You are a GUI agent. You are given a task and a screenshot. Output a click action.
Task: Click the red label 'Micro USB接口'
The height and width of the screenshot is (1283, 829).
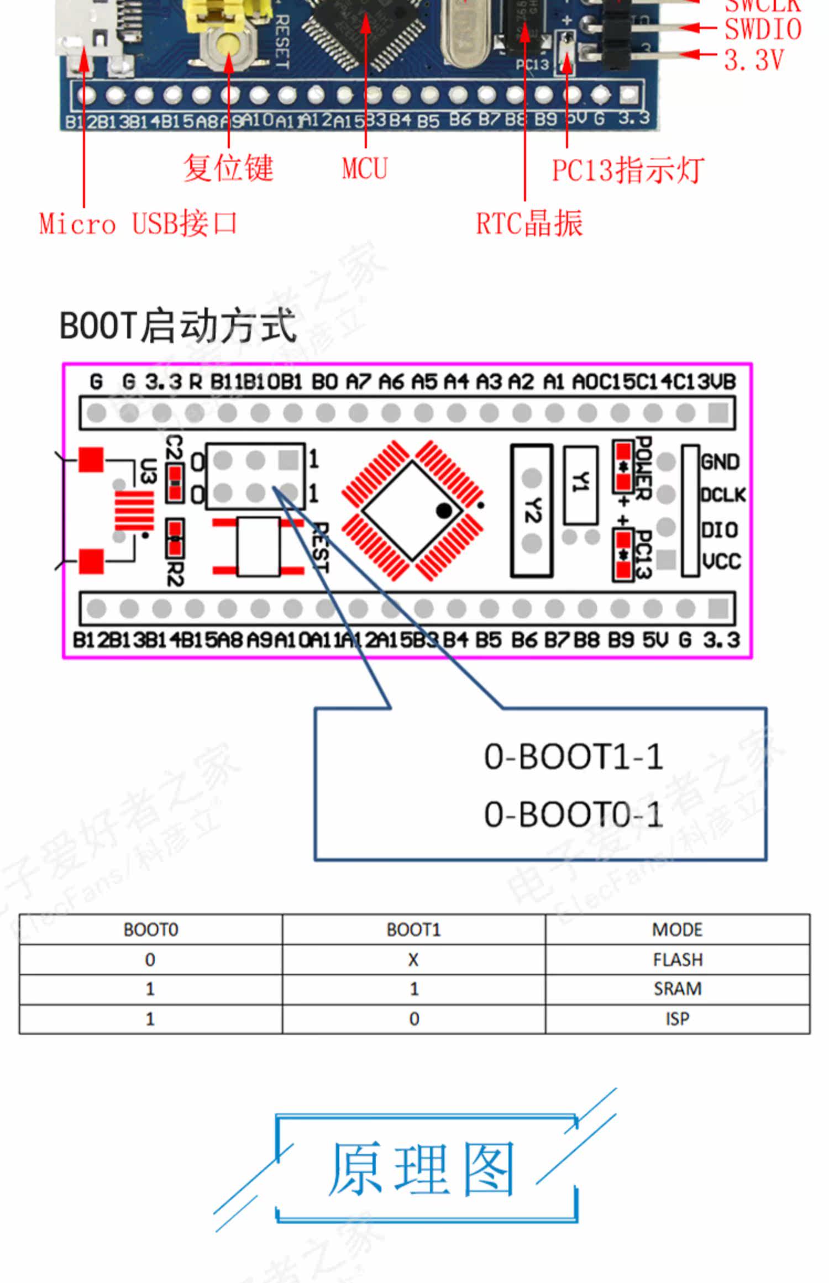pyautogui.click(x=138, y=224)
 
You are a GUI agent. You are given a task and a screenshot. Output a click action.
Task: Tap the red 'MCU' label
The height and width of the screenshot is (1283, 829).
pyautogui.click(x=365, y=169)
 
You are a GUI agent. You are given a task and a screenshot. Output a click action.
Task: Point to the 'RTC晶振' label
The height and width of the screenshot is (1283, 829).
pyautogui.click(x=529, y=224)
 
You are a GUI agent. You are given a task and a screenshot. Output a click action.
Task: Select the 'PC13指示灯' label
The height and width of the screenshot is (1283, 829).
pyautogui.click(x=628, y=170)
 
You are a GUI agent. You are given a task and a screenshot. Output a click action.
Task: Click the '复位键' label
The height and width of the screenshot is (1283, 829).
pyautogui.click(x=228, y=168)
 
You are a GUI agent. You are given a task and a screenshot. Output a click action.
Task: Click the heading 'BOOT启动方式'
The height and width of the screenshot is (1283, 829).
pyautogui.click(x=178, y=326)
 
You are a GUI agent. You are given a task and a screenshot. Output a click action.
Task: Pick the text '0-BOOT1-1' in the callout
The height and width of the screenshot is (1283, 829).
pyautogui.click(x=574, y=757)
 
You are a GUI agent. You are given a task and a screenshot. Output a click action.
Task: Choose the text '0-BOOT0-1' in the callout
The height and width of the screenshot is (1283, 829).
pyautogui.click(x=574, y=814)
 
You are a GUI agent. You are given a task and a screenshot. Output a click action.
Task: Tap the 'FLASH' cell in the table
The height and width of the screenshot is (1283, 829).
pyautogui.click(x=678, y=960)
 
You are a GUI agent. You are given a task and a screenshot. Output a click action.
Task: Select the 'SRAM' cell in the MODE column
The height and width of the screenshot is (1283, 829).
pyautogui.click(x=678, y=988)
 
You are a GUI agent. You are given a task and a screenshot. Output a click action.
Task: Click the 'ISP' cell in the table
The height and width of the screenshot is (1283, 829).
pyautogui.click(x=678, y=1018)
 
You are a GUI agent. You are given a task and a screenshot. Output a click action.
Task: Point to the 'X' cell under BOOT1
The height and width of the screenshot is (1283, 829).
pyautogui.click(x=413, y=960)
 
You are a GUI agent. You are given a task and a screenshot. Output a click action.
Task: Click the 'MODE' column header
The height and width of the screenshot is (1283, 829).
pyautogui.click(x=678, y=930)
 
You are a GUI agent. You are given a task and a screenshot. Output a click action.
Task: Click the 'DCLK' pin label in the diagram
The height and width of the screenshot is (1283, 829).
pyautogui.click(x=723, y=495)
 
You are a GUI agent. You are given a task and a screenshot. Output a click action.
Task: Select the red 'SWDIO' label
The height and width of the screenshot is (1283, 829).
pyautogui.click(x=763, y=29)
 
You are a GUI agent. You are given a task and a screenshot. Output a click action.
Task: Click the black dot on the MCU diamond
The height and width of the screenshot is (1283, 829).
pyautogui.click(x=444, y=511)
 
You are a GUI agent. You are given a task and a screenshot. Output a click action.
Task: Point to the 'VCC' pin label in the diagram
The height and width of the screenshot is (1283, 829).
pyautogui.click(x=722, y=562)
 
